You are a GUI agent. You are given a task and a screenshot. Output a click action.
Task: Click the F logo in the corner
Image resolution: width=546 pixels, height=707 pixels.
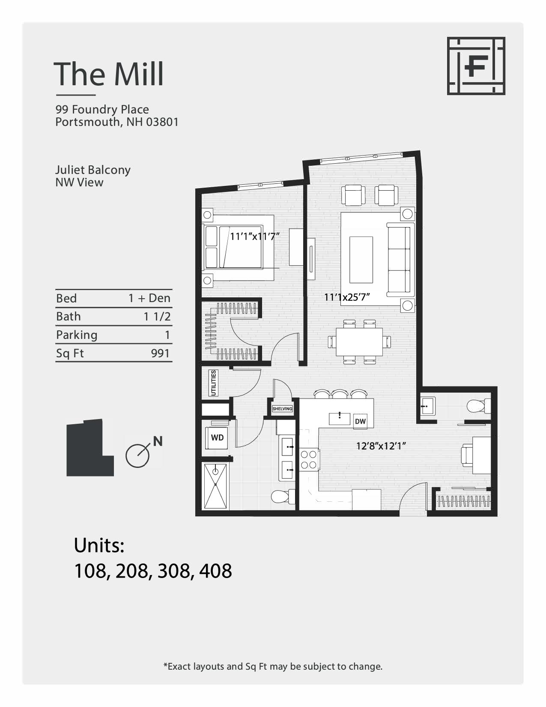tap(476, 66)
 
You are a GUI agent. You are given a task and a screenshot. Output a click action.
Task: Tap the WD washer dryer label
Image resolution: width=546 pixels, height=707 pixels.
tap(217, 437)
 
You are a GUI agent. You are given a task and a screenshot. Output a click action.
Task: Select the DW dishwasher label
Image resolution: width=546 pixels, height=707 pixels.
tap(360, 421)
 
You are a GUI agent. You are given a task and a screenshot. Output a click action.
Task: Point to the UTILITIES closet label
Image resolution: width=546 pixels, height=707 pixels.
tap(213, 383)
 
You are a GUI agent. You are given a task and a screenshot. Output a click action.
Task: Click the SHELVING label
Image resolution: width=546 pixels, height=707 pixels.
tap(282, 409)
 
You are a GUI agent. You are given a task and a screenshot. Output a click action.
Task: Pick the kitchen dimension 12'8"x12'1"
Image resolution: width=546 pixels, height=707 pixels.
tap(381, 446)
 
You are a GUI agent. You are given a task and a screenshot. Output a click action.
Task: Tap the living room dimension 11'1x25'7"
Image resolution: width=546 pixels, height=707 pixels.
tap(347, 297)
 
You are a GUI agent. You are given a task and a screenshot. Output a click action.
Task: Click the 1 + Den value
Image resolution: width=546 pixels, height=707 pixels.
tap(149, 298)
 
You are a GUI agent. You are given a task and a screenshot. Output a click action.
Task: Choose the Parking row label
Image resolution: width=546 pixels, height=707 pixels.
tap(77, 335)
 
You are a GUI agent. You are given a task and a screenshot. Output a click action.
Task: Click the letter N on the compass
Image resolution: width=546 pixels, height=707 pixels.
tap(158, 441)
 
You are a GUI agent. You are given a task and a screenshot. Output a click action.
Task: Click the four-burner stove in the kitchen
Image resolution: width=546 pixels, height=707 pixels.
tap(308, 459)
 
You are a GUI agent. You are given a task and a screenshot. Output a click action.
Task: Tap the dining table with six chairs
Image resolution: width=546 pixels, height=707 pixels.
tap(359, 342)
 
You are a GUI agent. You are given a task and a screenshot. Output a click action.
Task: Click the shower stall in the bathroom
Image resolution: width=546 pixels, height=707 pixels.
tap(215, 486)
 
